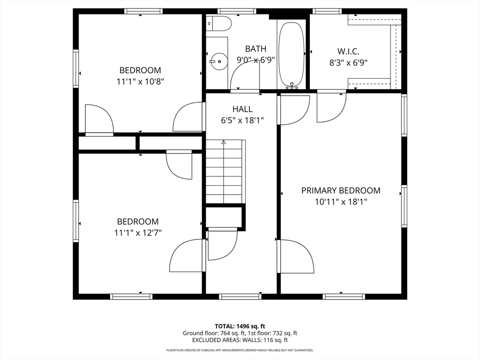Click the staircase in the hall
[225, 172]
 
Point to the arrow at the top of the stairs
[224, 142]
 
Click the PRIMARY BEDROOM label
[341, 190]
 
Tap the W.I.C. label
[348, 51]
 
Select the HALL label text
[242, 109]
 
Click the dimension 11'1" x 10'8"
[140, 82]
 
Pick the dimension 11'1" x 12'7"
[138, 233]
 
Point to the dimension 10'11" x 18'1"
[341, 202]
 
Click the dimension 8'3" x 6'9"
[348, 63]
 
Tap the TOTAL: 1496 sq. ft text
[240, 326]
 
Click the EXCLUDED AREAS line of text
[240, 340]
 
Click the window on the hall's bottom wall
[240, 296]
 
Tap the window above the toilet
[237, 11]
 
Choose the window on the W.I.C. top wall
[327, 11]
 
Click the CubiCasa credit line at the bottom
[240, 350]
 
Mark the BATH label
[255, 49]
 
